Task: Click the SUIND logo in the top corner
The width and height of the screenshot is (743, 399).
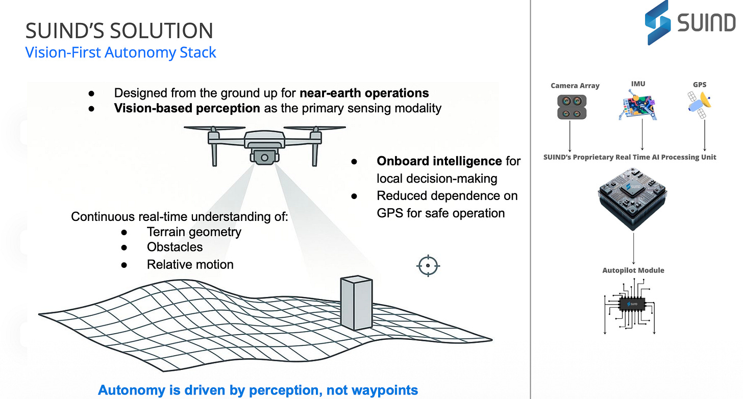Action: click(690, 22)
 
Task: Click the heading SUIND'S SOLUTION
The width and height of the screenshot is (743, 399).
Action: click(119, 31)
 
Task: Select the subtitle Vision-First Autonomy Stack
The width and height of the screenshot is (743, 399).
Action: click(121, 53)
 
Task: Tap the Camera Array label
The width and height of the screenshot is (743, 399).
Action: click(575, 86)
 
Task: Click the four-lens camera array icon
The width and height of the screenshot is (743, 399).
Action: click(572, 107)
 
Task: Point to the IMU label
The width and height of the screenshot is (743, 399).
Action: click(638, 84)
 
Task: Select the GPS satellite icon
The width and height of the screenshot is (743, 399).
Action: click(699, 104)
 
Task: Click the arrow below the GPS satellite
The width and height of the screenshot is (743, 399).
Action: click(705, 135)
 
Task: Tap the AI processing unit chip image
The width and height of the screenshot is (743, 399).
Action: click(633, 198)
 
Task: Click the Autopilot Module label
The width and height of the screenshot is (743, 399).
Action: click(633, 270)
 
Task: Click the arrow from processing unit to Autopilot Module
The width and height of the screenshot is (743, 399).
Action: click(634, 248)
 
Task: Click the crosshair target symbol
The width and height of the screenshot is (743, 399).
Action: click(428, 266)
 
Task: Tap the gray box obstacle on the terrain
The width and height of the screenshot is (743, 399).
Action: click(357, 303)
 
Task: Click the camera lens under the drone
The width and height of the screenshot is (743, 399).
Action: click(264, 158)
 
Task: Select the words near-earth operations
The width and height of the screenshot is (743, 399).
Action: click(364, 93)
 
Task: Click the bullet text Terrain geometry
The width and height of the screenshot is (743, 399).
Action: click(194, 232)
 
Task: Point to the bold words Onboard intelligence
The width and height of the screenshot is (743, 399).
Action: click(439, 161)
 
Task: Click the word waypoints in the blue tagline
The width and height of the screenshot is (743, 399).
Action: click(372, 390)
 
